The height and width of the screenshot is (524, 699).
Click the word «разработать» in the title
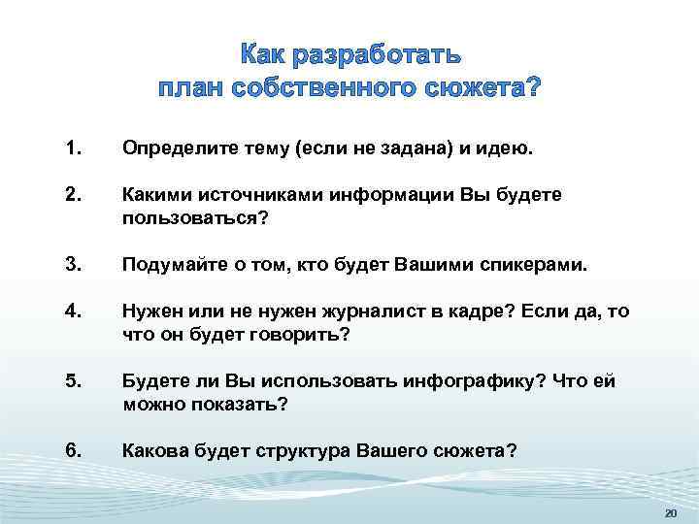[372, 53]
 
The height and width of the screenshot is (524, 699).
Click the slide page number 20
[670, 512]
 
